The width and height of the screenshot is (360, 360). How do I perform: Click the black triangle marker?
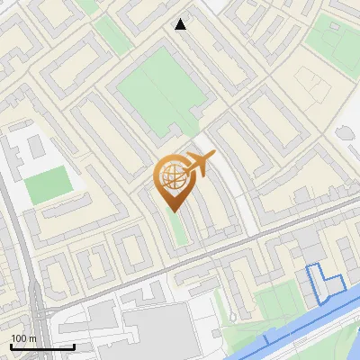click(181, 24)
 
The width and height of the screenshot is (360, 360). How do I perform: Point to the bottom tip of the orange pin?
click(174, 211)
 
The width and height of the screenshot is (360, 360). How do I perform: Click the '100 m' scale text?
click(23, 338)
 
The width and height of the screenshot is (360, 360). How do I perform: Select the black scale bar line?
click(42, 346)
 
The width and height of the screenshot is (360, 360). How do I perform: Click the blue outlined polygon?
click(324, 282)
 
